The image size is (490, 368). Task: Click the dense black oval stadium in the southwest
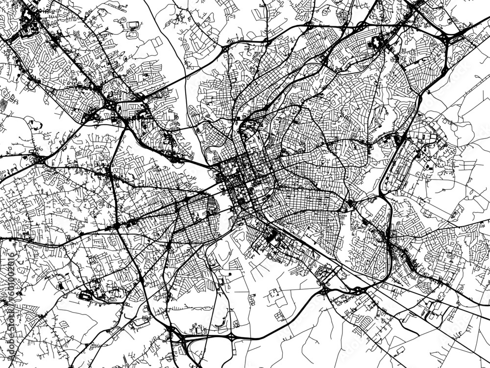click(x=86, y=296)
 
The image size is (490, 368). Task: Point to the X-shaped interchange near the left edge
click(x=37, y=159)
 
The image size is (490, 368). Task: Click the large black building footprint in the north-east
click(x=377, y=43)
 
